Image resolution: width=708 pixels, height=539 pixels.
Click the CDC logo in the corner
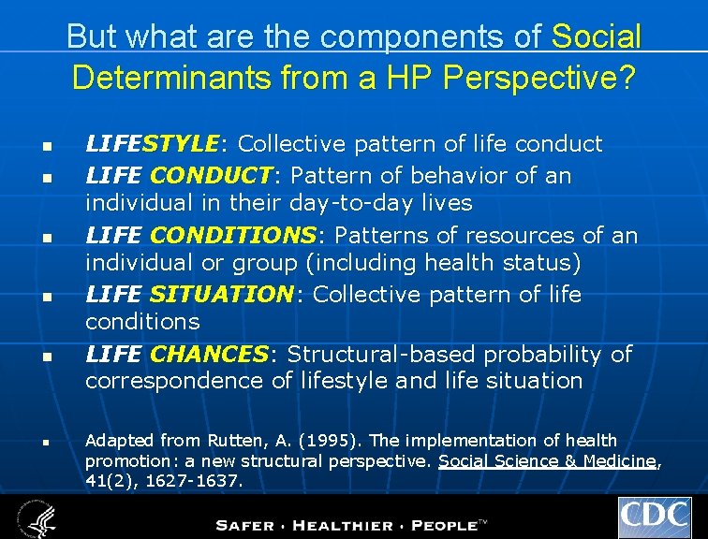[654, 517]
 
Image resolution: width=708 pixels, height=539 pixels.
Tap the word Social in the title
[597, 37]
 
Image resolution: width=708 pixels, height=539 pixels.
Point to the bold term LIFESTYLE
[151, 143]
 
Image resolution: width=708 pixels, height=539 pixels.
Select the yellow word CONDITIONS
[233, 235]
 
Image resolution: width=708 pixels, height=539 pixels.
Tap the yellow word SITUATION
[221, 295]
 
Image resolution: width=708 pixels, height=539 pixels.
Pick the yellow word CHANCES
[209, 354]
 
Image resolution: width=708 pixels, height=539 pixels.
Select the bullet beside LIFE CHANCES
[44, 357]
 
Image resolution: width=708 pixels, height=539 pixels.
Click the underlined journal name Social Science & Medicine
[547, 460]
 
